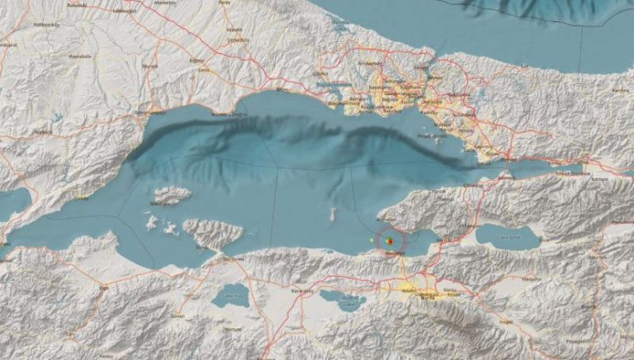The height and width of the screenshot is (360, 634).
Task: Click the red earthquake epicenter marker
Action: (388, 242)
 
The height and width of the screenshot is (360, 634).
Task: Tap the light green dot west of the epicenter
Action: (371, 240)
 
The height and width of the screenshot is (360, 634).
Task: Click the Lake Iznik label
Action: (508, 240)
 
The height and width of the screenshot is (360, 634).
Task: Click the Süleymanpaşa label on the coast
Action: (150, 112)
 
